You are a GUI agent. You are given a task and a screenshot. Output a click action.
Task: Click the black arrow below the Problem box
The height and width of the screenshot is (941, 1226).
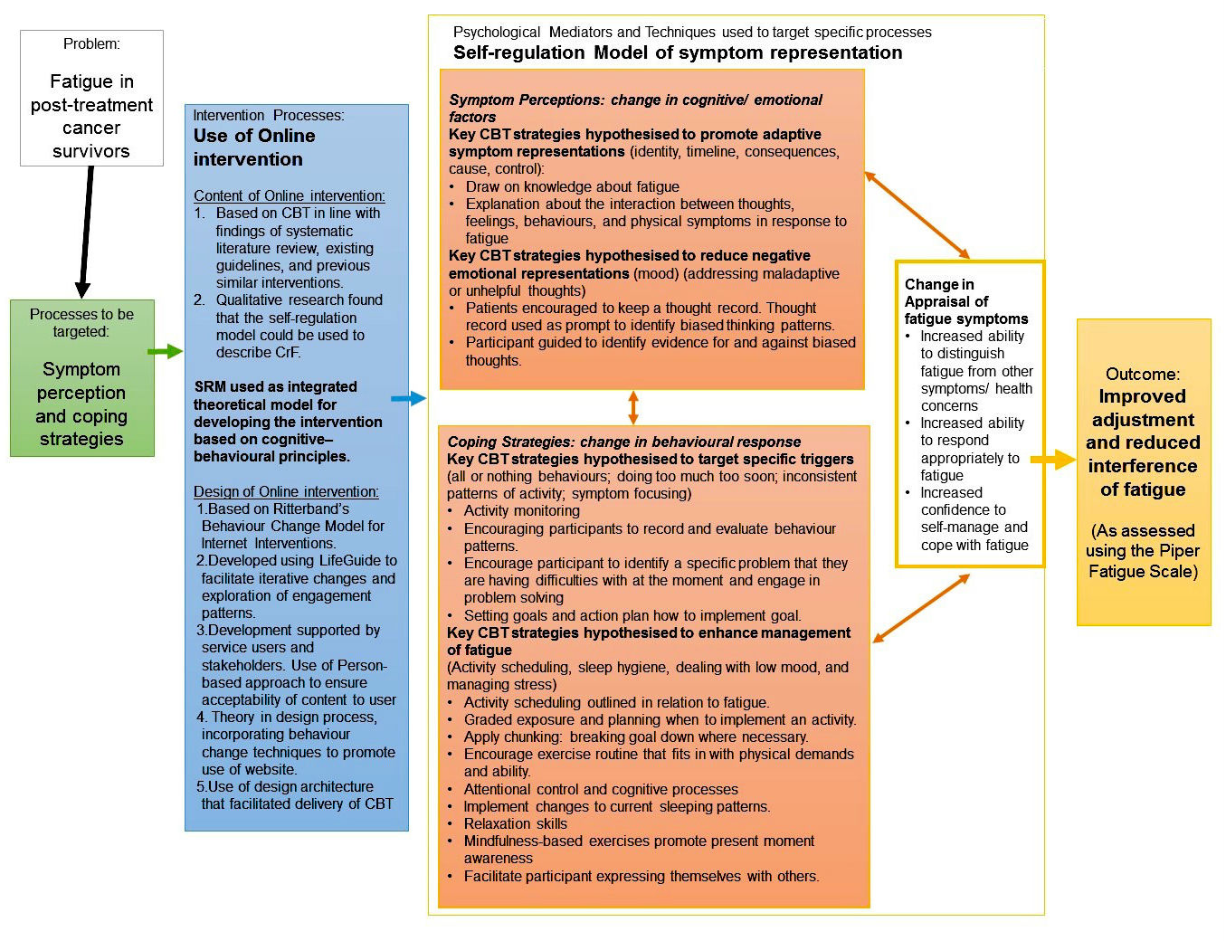pos(86,231)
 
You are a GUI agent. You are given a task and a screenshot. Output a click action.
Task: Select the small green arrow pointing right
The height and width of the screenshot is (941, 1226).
pos(165,351)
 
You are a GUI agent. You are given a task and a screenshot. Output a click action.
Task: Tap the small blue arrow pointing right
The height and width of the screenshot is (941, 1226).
pos(408,398)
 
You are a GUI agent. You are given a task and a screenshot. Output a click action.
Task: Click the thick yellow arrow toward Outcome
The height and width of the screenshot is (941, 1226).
pos(1053,461)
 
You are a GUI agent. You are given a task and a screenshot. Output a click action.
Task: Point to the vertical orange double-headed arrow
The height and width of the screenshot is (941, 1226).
pos(633,407)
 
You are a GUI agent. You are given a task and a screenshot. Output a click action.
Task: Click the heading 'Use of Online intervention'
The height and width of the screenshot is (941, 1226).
pos(254,147)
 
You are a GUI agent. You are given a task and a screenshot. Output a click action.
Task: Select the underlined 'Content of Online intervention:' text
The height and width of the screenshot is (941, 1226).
pos(289,196)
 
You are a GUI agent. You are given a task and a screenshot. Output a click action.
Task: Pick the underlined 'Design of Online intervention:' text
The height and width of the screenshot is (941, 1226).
pos(286,491)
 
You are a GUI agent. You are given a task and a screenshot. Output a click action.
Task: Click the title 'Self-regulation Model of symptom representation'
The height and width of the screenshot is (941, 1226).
pos(678,52)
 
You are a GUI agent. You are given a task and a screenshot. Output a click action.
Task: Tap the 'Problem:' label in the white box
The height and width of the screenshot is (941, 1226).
pos(91,43)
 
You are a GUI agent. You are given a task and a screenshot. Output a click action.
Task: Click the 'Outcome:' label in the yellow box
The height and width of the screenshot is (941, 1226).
pos(1143,374)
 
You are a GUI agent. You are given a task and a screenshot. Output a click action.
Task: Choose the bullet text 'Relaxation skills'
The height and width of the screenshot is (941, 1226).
pos(515,823)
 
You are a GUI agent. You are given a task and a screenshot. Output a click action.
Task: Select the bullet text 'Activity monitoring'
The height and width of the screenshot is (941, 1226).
pos(521,510)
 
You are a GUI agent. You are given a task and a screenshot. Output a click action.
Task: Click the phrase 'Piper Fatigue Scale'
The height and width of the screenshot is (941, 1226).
pos(1144,561)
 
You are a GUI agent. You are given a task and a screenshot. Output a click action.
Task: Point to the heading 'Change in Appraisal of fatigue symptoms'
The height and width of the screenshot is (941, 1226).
pos(965,301)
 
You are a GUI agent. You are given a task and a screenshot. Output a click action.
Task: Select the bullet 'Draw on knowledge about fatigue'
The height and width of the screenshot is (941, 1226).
pos(572,186)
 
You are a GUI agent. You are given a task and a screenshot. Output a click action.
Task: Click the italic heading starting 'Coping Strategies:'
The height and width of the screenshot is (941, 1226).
pos(623,442)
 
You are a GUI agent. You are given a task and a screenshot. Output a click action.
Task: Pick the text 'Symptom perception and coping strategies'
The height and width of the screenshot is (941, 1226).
pos(81,404)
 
